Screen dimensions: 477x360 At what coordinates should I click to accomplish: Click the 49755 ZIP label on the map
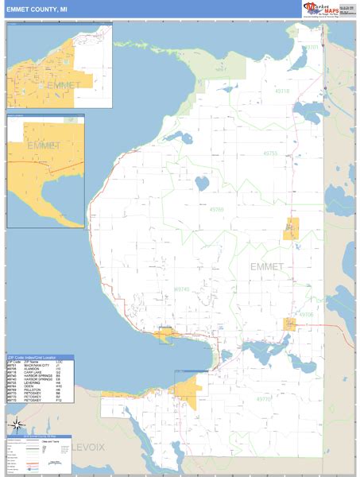[x=273, y=153]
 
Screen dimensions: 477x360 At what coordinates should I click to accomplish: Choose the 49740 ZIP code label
[x=181, y=290]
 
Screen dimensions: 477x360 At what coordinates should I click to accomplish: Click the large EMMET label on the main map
[x=266, y=266]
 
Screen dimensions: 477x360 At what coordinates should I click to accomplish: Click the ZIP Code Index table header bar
[x=40, y=357]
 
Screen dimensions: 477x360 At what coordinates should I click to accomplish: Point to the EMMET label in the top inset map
[x=59, y=85]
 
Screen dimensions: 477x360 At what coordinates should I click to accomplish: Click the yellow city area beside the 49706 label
[x=290, y=324]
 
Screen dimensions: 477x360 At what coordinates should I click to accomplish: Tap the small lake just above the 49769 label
[x=202, y=184]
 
